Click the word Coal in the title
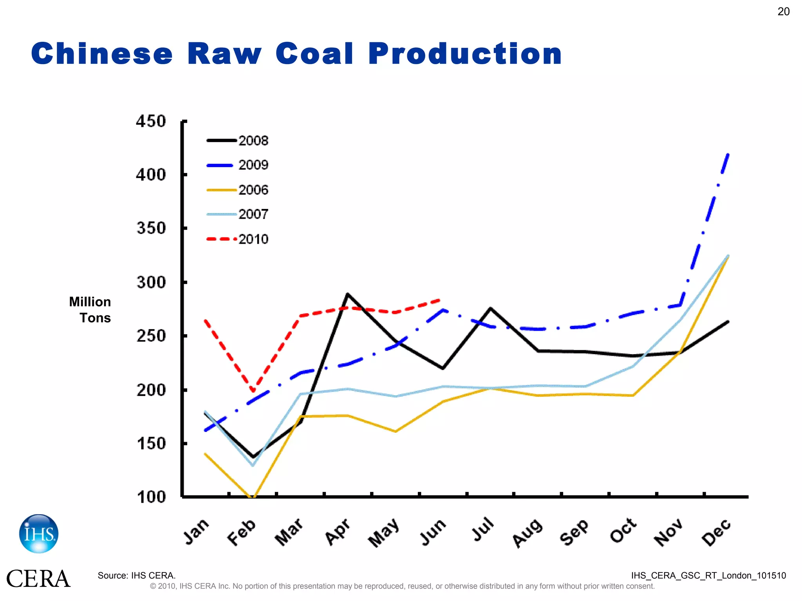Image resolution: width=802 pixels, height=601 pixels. [x=314, y=54]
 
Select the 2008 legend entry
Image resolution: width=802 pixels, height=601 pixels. [x=237, y=140]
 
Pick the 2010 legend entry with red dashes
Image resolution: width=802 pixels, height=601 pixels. [x=237, y=239]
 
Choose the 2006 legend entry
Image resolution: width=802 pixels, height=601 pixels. [x=237, y=190]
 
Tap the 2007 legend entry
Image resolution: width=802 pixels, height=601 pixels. [x=237, y=214]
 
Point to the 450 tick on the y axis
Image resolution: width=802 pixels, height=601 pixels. [x=151, y=121]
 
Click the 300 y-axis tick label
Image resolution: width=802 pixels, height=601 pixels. [x=151, y=282]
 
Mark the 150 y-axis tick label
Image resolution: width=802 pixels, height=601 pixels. [x=151, y=443]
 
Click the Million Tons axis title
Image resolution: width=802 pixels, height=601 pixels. [x=90, y=310]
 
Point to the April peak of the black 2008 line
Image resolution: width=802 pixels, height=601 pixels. [x=347, y=294]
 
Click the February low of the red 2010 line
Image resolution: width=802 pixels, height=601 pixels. [x=253, y=390]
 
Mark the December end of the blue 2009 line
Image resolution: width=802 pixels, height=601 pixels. [x=728, y=154]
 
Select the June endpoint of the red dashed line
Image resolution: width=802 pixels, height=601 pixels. [x=441, y=300]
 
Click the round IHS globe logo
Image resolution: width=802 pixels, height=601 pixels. [x=39, y=534]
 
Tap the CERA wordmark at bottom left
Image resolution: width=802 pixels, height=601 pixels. [x=38, y=579]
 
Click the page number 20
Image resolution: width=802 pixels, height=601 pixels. [x=783, y=12]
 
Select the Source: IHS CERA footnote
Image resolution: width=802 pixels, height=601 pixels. [x=136, y=576]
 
